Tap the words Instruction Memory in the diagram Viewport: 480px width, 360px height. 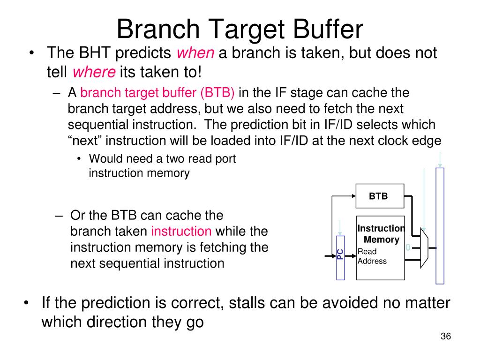[x=381, y=234]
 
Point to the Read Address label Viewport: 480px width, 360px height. [x=372, y=256]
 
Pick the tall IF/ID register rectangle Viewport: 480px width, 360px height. [x=440, y=226]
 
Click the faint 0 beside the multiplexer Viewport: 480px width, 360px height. [x=408, y=247]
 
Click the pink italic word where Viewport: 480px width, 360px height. [x=94, y=72]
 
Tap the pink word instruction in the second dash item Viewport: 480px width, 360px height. [x=181, y=231]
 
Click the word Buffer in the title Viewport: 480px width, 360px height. [x=328, y=29]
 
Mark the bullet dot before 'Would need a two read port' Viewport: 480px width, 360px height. [x=80, y=159]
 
